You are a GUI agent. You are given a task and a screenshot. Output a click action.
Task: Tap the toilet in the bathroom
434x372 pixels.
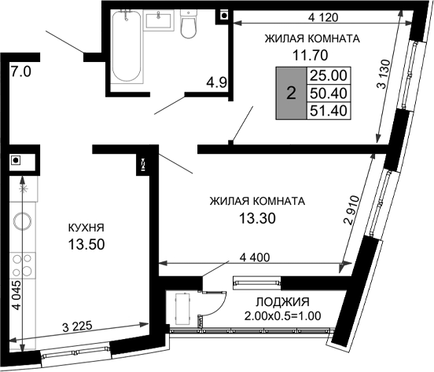click(189, 25)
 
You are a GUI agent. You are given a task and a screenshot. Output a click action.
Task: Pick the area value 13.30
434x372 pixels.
click(256, 217)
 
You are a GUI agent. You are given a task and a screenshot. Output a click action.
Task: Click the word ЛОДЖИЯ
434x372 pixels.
click(282, 302)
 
